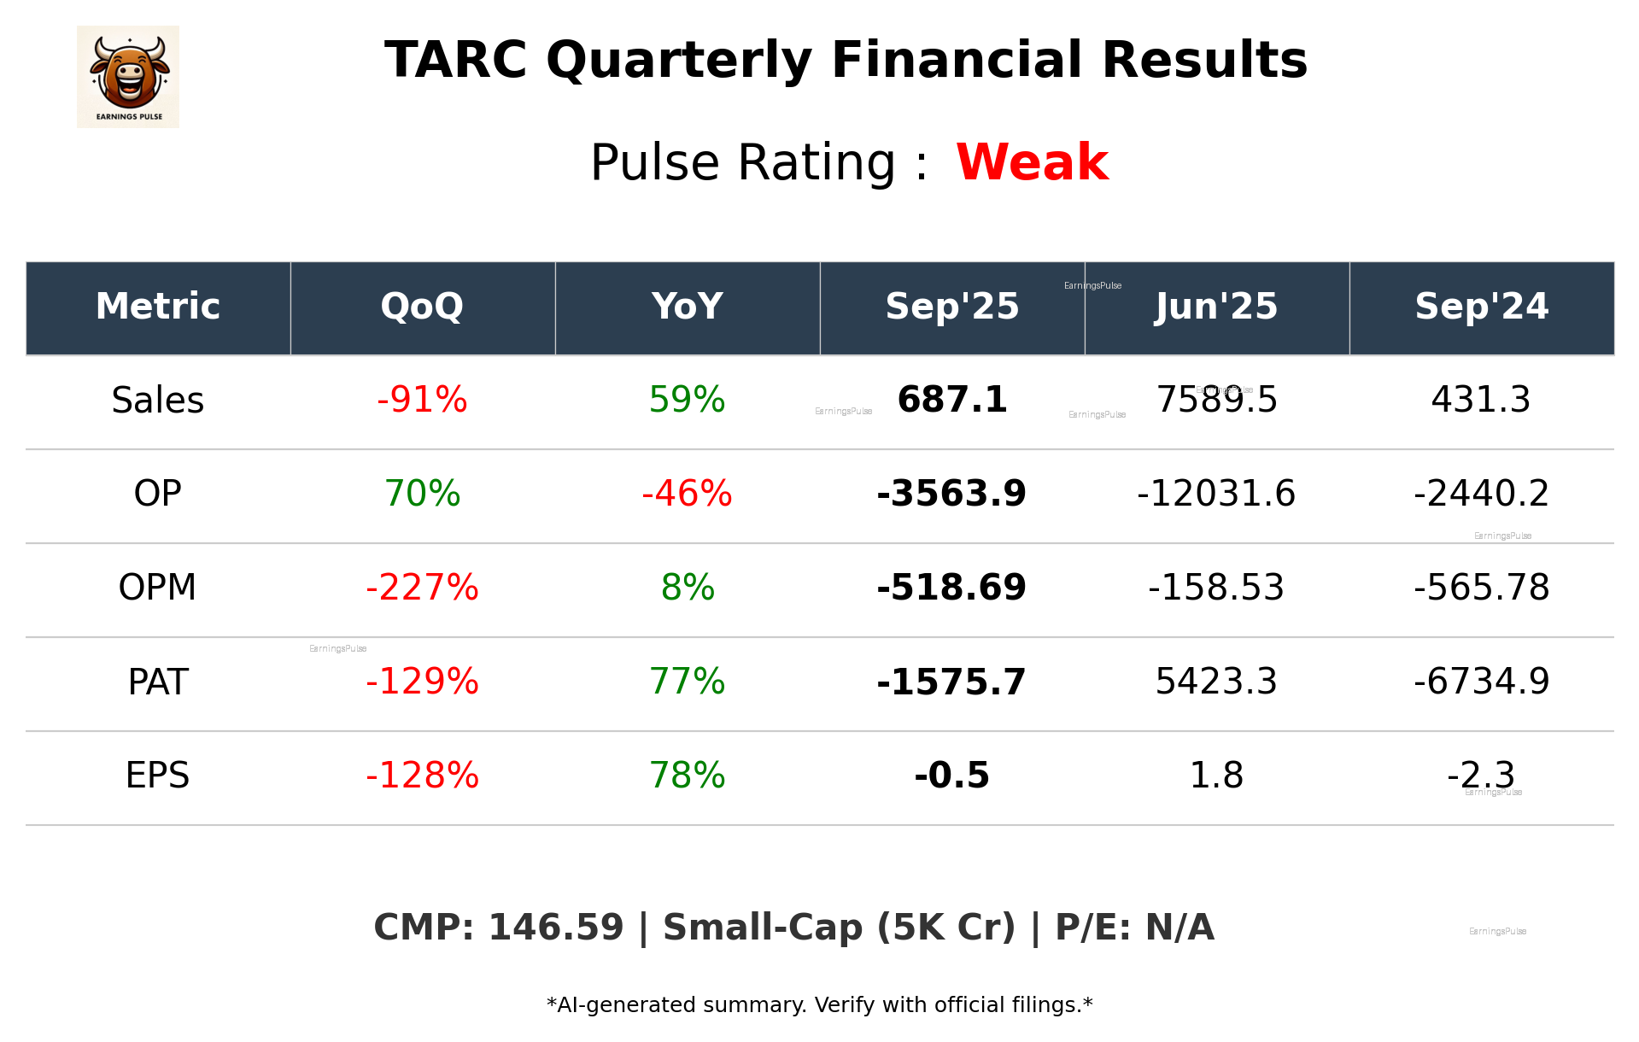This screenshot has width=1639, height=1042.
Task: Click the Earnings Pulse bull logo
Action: [x=128, y=76]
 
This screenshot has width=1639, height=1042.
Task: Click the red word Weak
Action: [x=1032, y=162]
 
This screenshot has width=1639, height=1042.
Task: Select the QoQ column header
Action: [x=422, y=307]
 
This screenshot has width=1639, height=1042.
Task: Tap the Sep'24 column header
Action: [x=1481, y=307]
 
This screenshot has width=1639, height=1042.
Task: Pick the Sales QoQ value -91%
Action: [x=422, y=400]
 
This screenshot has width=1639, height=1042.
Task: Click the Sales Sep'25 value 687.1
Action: [x=951, y=400]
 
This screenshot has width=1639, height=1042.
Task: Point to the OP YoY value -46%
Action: [x=687, y=494]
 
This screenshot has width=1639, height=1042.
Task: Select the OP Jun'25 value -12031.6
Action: [x=1216, y=494]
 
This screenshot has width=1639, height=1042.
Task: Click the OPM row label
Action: [x=157, y=588]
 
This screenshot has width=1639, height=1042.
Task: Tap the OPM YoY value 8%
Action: [x=687, y=588]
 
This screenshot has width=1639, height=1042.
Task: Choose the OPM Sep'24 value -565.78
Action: [x=1481, y=588]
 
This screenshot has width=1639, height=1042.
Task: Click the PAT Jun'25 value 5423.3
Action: [x=1216, y=682]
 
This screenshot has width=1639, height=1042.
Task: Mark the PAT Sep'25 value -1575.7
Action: [x=951, y=682]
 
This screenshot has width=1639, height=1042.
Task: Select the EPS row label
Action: [x=157, y=776]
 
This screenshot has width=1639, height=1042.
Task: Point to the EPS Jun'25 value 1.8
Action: [x=1216, y=776]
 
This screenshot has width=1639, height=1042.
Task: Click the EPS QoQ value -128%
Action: [x=422, y=776]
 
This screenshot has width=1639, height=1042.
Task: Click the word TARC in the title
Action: [x=455, y=61]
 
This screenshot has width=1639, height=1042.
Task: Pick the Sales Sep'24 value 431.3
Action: [x=1481, y=400]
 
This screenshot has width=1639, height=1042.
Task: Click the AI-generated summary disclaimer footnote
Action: [x=819, y=1005]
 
